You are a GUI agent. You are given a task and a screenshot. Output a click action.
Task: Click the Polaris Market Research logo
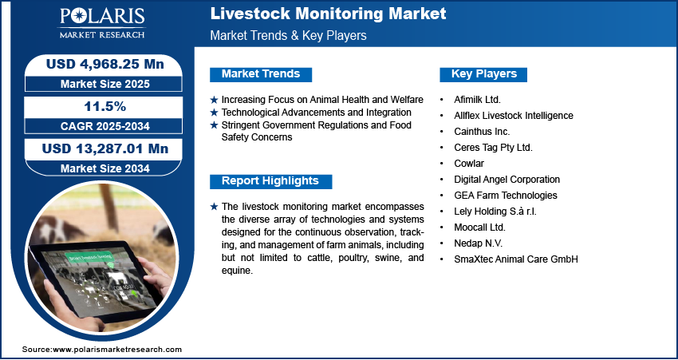(102, 23)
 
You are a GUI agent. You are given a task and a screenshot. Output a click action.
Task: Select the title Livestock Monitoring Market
(328, 14)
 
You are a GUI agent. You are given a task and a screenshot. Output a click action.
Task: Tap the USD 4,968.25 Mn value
(105, 64)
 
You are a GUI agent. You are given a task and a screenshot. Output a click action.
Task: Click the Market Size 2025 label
(104, 84)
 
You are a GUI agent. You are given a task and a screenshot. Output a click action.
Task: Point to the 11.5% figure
(105, 106)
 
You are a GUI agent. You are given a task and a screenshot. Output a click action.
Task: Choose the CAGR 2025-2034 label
(104, 126)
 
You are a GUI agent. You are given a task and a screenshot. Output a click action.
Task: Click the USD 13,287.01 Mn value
(105, 148)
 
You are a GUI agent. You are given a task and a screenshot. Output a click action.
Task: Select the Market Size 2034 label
(104, 168)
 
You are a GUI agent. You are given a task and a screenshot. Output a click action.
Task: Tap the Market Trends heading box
(261, 74)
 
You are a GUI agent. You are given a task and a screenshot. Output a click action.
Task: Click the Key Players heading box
(483, 74)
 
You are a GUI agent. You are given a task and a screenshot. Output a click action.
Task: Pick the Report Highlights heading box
(270, 182)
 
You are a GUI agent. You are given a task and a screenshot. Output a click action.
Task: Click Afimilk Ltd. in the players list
(477, 100)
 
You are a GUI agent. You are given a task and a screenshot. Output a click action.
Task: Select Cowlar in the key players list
(469, 164)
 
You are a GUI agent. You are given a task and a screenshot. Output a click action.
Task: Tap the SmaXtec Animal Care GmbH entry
(516, 259)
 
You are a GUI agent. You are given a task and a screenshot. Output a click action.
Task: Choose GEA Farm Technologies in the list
(506, 196)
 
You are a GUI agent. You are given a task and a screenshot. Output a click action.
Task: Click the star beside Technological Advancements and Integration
(214, 113)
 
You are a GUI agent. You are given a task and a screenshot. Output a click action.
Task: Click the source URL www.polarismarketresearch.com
(117, 349)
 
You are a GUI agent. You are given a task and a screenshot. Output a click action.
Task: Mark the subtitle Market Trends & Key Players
(289, 35)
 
